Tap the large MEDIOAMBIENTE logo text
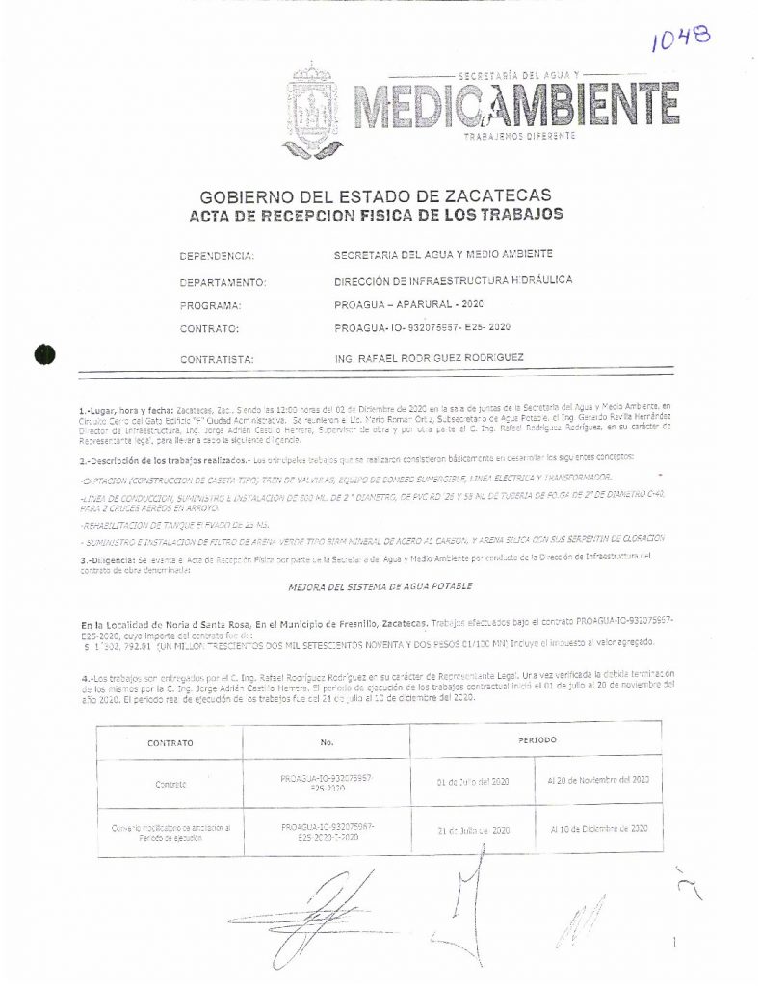(x=515, y=106)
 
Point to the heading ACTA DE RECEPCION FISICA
(x=376, y=213)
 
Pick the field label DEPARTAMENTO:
(x=223, y=282)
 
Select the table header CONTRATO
(x=170, y=743)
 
